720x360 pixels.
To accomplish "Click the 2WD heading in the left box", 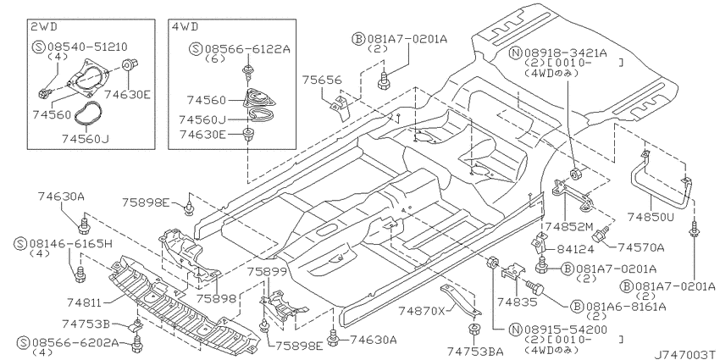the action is coord(44,27).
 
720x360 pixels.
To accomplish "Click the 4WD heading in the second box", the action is coord(185,27).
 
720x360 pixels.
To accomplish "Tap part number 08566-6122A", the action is coord(247,48).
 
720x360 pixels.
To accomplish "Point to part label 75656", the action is coord(322,80).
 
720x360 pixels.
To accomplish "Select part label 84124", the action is coord(575,249).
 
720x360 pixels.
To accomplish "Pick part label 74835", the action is coord(517,302).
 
